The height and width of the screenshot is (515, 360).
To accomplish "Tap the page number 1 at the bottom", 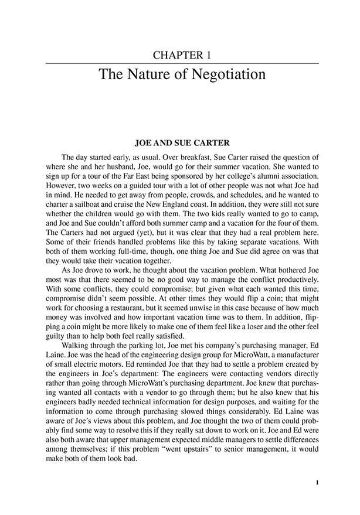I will pos(317,483).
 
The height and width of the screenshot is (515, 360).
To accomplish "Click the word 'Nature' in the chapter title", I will pos(144,75).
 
